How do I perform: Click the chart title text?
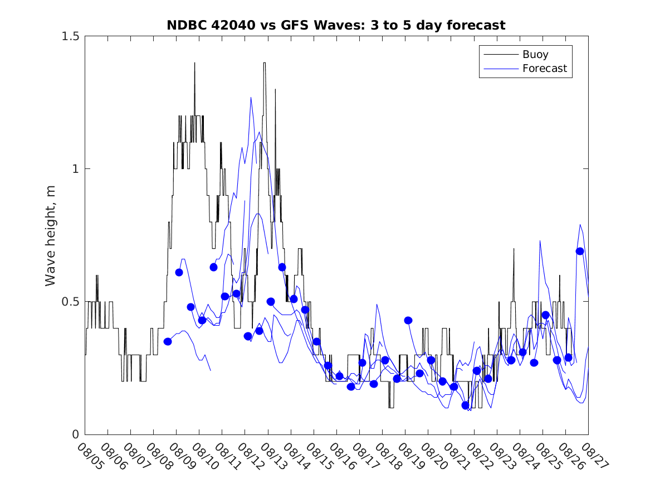(x=336, y=26)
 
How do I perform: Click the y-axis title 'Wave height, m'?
(x=51, y=235)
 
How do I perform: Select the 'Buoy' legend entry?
(x=535, y=54)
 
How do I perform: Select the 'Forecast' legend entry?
(x=544, y=69)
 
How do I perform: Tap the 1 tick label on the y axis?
(x=75, y=168)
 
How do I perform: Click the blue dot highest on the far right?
(x=580, y=251)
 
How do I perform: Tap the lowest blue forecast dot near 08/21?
(x=466, y=405)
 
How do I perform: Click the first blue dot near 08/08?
(x=168, y=341)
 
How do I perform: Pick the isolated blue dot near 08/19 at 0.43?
(x=408, y=320)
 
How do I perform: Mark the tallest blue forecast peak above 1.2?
(x=251, y=98)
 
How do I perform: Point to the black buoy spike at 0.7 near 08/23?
(x=514, y=249)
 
